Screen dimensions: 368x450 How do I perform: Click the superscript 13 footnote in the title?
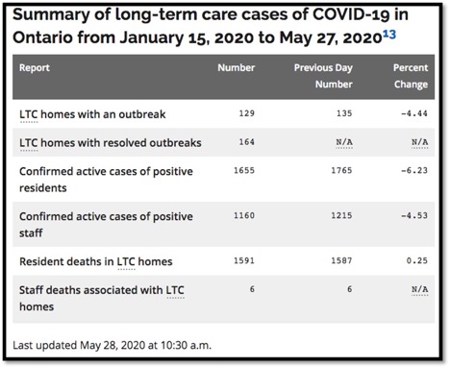(403, 37)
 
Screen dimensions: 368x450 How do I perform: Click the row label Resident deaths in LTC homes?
(93, 261)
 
